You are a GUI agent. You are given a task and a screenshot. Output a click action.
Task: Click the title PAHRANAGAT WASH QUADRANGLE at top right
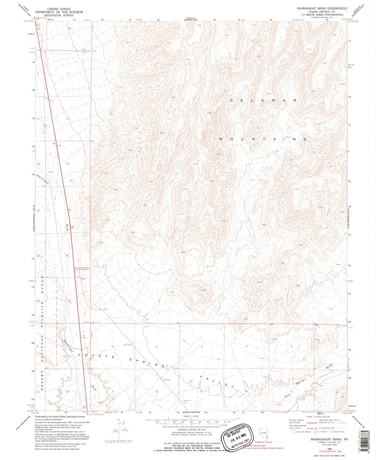[x=322, y=8]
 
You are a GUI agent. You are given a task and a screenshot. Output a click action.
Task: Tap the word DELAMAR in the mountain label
[x=263, y=100]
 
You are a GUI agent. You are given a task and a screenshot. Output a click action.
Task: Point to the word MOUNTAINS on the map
[x=263, y=139]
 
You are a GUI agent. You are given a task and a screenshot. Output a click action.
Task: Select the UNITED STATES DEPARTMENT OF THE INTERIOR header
[x=59, y=12]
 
